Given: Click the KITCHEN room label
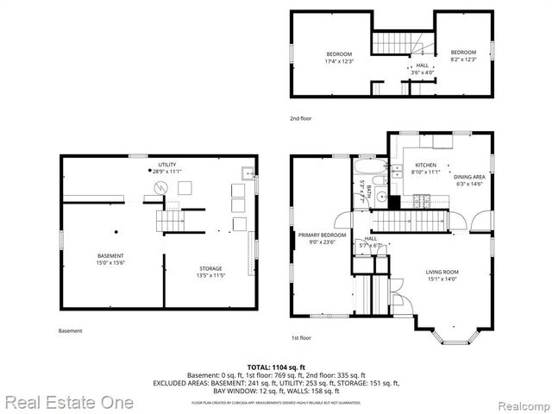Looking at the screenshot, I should tap(425, 165).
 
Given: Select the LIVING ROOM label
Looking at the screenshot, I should tap(442, 272).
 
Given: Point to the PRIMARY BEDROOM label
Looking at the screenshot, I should tap(322, 235).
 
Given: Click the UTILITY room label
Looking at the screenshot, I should tap(166, 164).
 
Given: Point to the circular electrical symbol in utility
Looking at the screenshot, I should tap(159, 187).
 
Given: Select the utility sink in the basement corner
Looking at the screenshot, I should tap(247, 169).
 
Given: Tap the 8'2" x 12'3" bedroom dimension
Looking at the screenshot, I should tap(464, 60).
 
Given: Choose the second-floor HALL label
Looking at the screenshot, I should tap(422, 66).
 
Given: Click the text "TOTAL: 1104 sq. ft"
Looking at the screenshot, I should tap(276, 367).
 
